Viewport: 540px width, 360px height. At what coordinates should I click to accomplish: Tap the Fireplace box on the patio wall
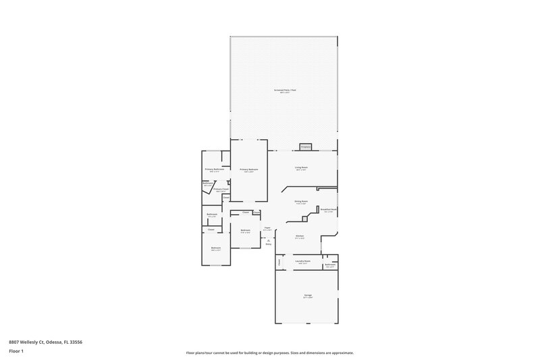(x=305, y=147)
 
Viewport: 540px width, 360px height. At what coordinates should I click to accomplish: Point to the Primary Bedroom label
(x=248, y=170)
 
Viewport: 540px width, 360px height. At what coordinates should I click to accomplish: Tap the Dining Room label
(x=301, y=201)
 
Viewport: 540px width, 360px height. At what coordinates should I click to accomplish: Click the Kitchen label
(x=300, y=236)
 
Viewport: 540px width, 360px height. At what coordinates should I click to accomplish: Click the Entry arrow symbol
(x=268, y=240)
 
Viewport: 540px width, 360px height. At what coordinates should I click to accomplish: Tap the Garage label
(x=307, y=296)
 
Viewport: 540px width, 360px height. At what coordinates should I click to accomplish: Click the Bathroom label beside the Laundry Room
(x=330, y=265)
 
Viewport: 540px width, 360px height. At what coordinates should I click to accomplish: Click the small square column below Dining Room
(x=305, y=217)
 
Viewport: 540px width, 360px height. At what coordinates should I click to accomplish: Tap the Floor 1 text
(x=16, y=351)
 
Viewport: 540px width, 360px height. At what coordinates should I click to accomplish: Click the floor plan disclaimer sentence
(x=269, y=353)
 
